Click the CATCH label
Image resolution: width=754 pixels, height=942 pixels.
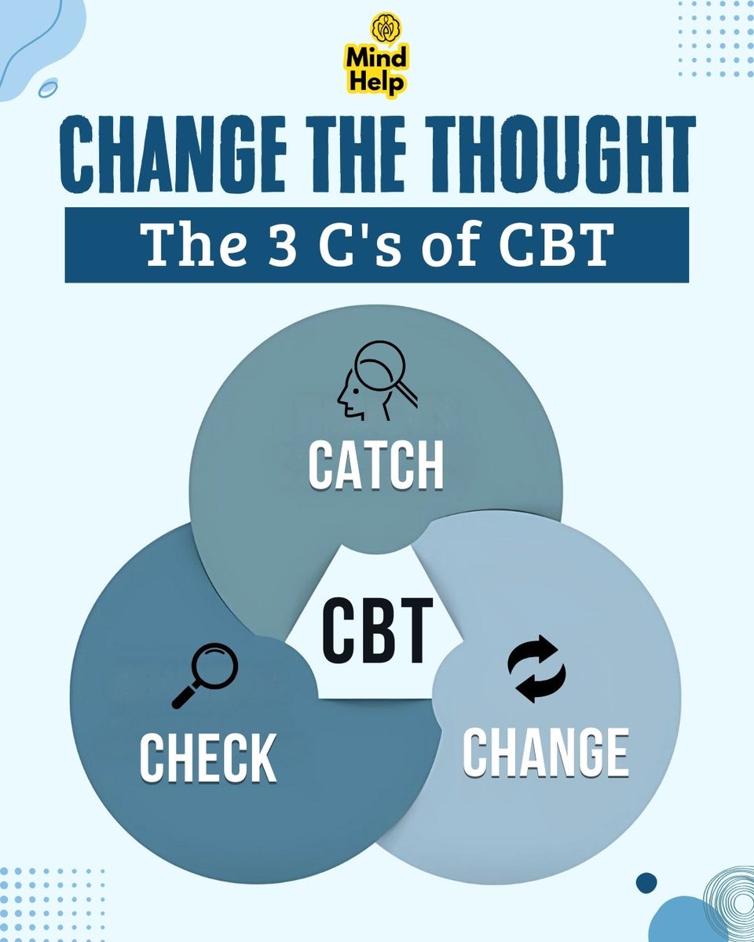(x=376, y=466)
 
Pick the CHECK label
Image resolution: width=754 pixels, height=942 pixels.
(x=207, y=758)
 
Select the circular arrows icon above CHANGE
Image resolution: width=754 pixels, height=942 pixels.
(x=536, y=669)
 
